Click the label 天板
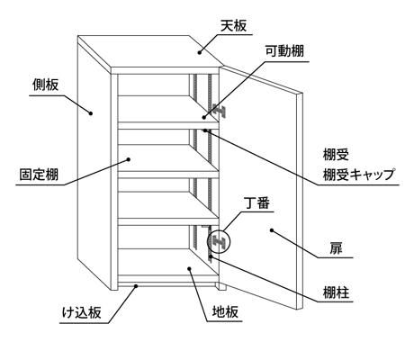pos(234,26)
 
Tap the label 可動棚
pos(284,51)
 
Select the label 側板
pos(46,85)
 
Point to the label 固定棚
pos(39,175)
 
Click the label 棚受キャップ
pos(358,175)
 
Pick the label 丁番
pos(257,203)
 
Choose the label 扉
pos(336,248)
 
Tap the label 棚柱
pos(336,292)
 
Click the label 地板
pos(225,311)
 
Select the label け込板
pos(82,313)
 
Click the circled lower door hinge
pos(219,241)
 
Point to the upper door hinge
pos(219,111)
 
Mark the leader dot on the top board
pos(199,52)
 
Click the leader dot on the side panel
pos(90,113)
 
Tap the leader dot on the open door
pos(272,230)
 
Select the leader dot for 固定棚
pos(129,159)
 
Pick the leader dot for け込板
pos(136,286)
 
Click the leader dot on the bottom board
pos(189,268)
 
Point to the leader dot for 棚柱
pos(211,256)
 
